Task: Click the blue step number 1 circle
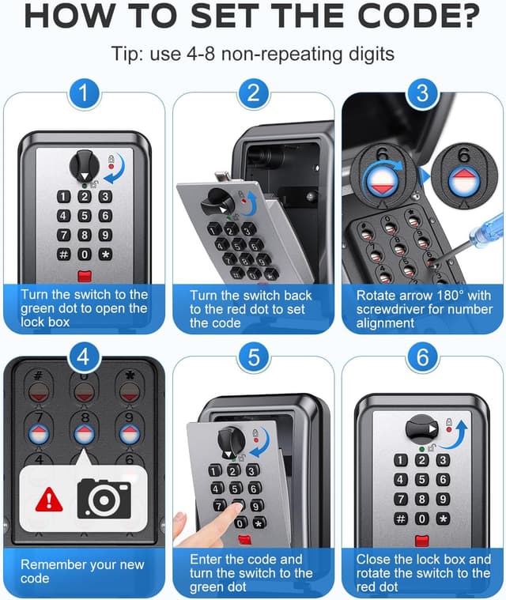[x=85, y=93]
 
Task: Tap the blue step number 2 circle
[x=253, y=93]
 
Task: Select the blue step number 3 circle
[x=422, y=93]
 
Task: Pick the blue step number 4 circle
[x=85, y=357]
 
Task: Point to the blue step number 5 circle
[x=253, y=357]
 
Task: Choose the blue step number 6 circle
[x=422, y=357]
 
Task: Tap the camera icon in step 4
[x=103, y=498]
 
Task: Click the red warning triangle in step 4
[x=49, y=500]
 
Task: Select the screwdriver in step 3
[x=474, y=232]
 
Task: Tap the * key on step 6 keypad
[x=443, y=519]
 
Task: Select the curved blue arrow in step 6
[x=459, y=432]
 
